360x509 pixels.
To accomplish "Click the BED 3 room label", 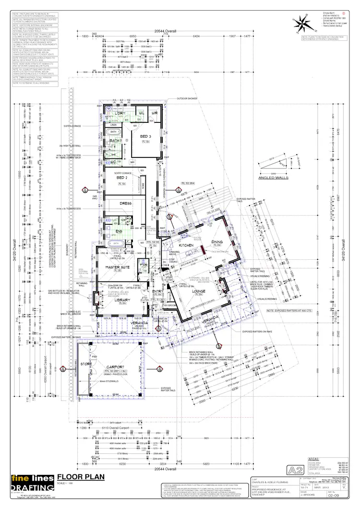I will click(145, 137).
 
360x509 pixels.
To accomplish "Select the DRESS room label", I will click(126, 204).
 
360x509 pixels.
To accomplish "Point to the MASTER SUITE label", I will click(117, 267).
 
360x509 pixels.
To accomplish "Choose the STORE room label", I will click(86, 364).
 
